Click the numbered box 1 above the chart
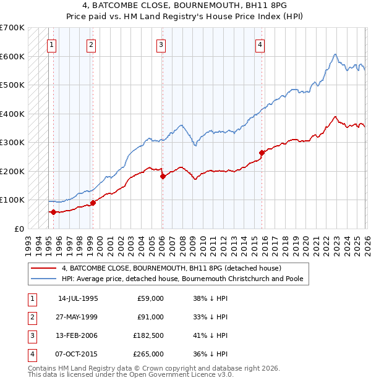[51, 44]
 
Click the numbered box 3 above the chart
[160, 44]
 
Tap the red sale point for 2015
[262, 153]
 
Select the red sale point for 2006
[163, 176]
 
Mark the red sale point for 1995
[53, 212]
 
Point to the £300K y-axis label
[12, 142]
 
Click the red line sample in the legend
[44, 269]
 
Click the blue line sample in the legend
[44, 279]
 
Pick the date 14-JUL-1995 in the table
[78, 298]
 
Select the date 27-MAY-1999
[78, 317]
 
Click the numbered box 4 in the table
[31, 355]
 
